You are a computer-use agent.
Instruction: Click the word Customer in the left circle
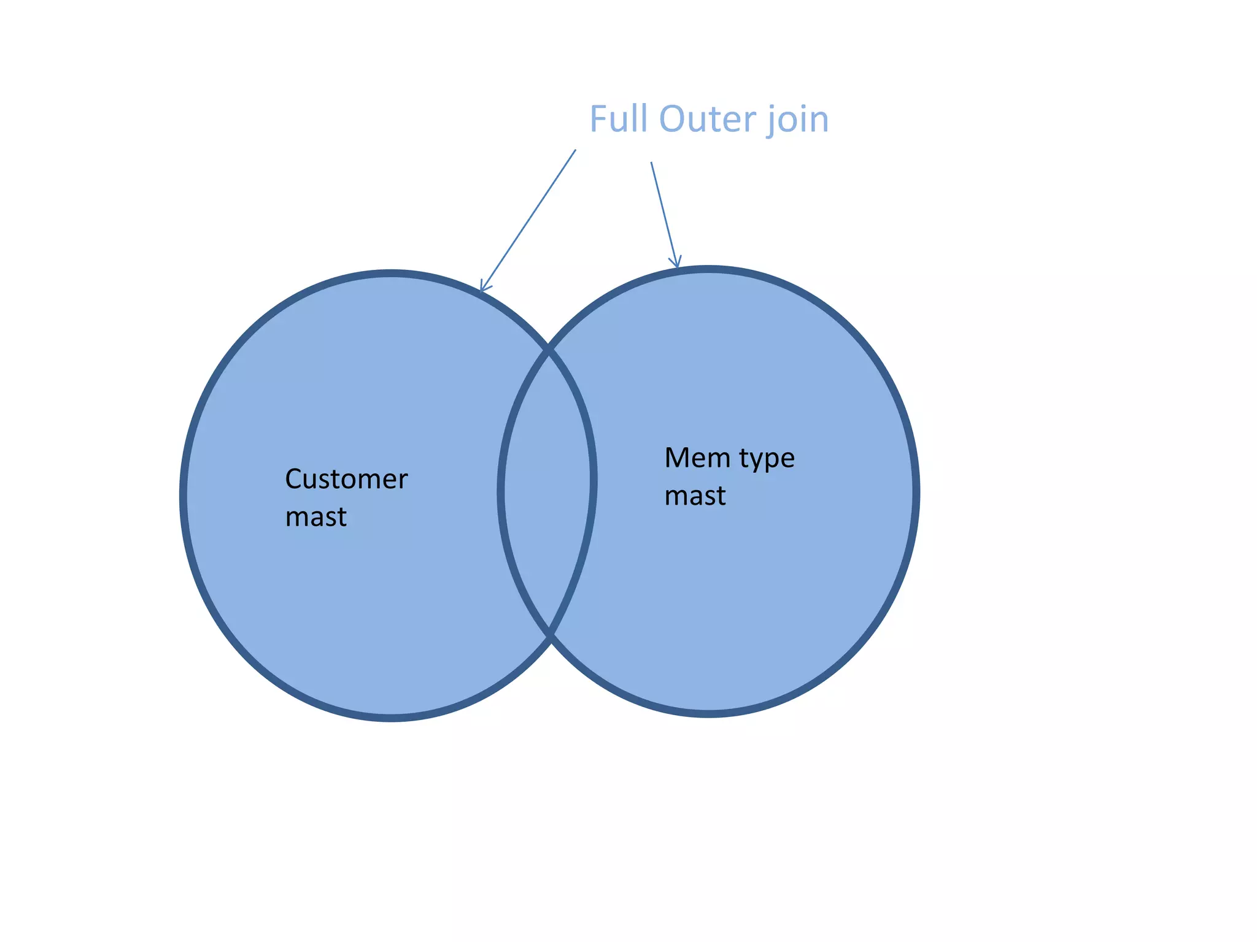pyautogui.click(x=346, y=479)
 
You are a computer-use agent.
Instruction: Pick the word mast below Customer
pyautogui.click(x=315, y=517)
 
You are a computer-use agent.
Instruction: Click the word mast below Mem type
pyautogui.click(x=695, y=496)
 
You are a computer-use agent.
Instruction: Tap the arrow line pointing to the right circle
pyautogui.click(x=663, y=215)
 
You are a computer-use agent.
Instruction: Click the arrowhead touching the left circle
pyautogui.click(x=483, y=287)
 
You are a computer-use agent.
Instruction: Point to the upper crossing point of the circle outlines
pyautogui.click(x=549, y=351)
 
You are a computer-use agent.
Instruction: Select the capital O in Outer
pyautogui.click(x=673, y=119)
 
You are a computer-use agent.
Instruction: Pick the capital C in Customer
pyautogui.click(x=293, y=479)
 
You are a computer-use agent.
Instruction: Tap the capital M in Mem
pyautogui.click(x=677, y=458)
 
